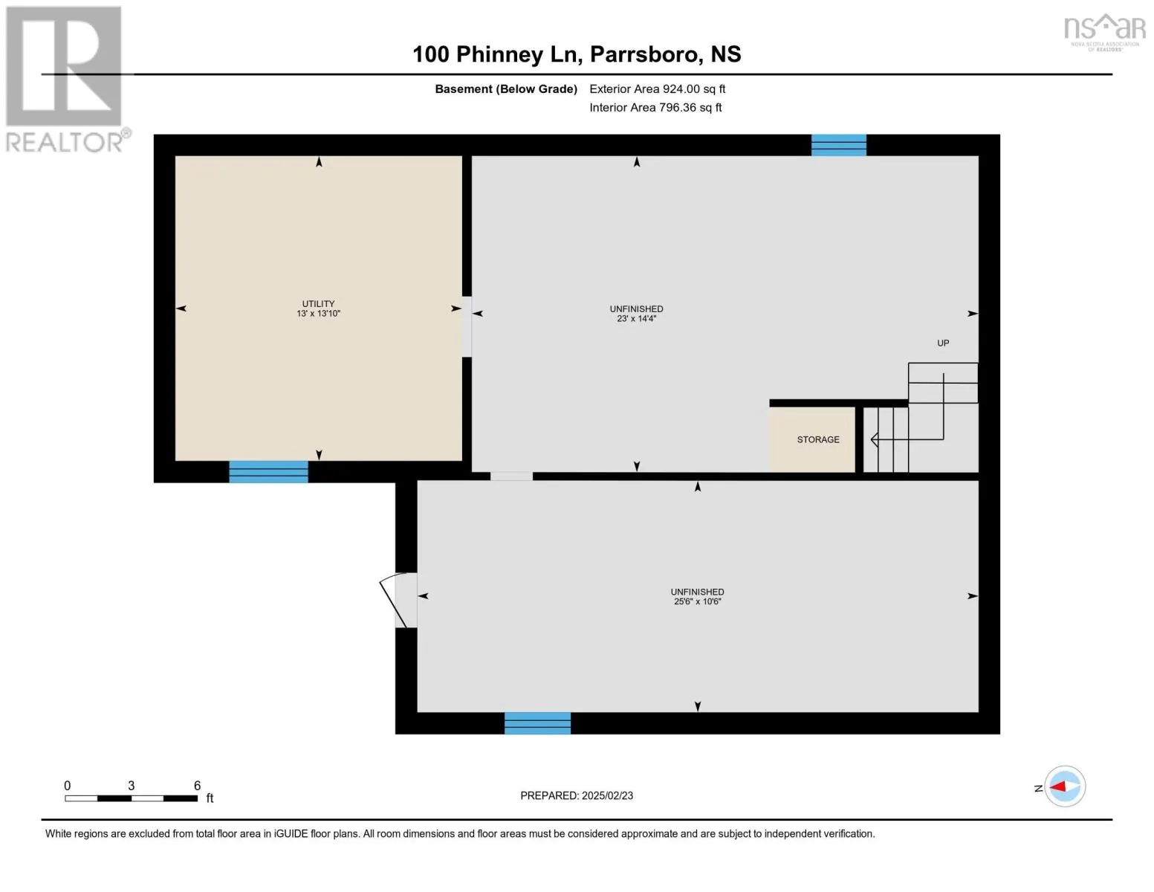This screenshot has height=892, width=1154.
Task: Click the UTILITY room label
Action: pos(318,303)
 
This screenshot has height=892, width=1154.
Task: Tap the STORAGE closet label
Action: pos(818,439)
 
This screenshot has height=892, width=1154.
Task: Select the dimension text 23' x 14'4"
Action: pos(637,319)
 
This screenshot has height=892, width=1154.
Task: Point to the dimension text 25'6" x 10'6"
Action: pos(697,601)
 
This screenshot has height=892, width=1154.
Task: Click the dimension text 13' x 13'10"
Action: pos(318,314)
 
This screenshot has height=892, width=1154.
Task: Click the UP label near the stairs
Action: pos(943,343)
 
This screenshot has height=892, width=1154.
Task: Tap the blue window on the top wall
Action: pos(838,145)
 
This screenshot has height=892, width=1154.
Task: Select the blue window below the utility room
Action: pos(268,471)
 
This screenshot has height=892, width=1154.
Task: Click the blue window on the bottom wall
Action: pos(537,723)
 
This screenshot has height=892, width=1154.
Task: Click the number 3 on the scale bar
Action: pos(132,786)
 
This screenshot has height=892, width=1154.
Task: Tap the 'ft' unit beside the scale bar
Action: pos(210,798)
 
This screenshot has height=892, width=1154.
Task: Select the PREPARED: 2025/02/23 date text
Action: pos(577,795)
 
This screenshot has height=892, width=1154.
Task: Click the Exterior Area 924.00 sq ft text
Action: pos(657,88)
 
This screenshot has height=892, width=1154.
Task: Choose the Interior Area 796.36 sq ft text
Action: pos(655,107)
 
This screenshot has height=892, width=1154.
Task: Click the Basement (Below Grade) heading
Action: pos(506,88)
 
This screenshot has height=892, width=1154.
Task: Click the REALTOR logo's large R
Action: pos(64,67)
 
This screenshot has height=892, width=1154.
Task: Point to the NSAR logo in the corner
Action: pos(1105,30)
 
